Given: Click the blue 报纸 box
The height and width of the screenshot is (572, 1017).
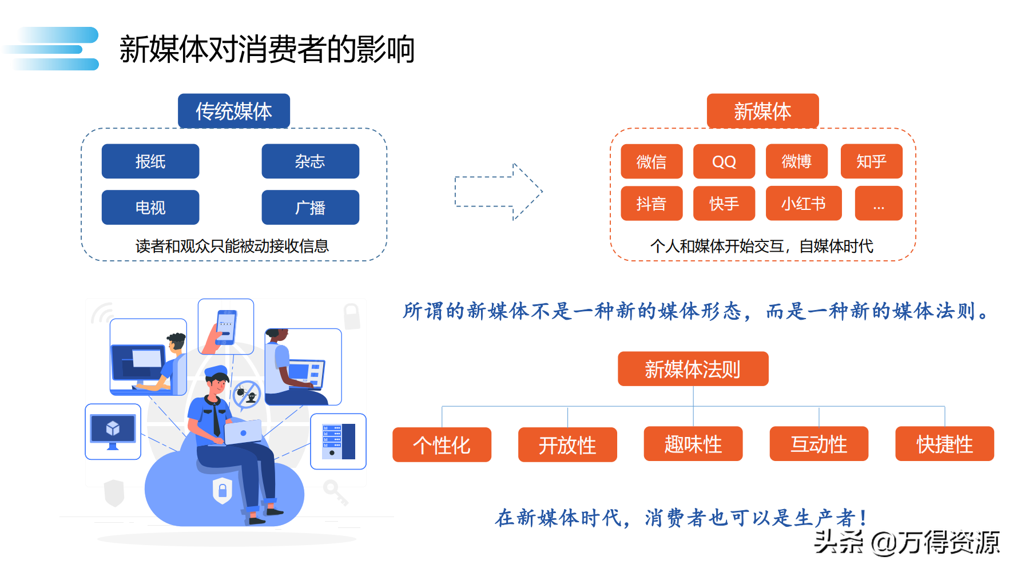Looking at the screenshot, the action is click(150, 161).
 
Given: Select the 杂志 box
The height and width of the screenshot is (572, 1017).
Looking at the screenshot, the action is click(311, 161).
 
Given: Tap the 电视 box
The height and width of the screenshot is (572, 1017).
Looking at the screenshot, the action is click(150, 207).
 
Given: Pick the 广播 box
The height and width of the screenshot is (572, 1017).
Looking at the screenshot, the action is click(311, 207).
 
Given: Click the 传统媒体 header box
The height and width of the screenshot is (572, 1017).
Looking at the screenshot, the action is click(234, 111).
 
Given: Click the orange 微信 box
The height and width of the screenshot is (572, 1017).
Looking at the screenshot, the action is click(651, 161).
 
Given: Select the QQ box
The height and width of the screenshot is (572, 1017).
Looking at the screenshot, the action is click(724, 161).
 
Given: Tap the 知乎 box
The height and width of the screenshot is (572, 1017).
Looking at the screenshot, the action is click(872, 161).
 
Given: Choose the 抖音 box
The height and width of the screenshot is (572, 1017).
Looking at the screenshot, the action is click(651, 203).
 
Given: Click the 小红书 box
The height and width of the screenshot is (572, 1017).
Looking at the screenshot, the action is click(804, 203).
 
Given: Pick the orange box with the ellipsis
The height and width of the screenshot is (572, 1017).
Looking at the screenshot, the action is click(879, 203).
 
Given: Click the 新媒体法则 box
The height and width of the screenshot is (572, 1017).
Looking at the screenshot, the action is click(693, 369).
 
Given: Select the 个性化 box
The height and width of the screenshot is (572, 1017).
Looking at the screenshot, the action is click(442, 444).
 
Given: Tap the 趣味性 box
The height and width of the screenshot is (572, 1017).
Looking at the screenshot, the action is click(693, 444).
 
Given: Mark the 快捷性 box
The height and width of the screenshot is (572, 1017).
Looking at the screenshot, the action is click(945, 444).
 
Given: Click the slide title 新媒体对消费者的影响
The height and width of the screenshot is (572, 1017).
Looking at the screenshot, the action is click(267, 49).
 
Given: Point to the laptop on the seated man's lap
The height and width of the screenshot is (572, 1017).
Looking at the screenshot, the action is click(243, 432).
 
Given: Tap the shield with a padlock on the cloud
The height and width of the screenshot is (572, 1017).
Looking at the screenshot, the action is click(223, 490).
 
